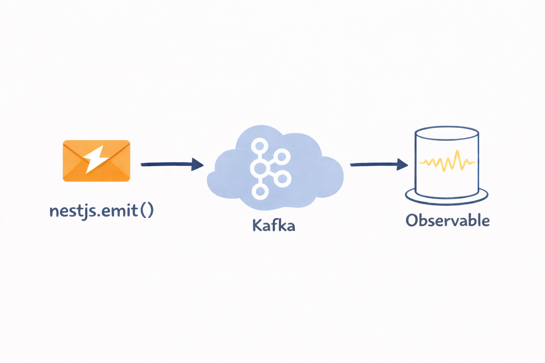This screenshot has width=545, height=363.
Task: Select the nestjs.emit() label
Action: [101, 211]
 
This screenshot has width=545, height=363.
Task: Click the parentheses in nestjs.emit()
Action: [147, 211]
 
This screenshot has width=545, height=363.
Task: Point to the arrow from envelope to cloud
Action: [167, 164]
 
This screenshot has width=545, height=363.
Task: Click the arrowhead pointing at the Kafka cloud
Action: [197, 164]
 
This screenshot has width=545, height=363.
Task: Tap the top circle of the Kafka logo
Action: [260, 145]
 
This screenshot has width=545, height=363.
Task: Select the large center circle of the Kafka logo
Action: [260, 168]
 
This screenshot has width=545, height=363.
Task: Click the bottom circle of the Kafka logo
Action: [260, 191]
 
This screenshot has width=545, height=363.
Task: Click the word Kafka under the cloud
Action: [274, 225]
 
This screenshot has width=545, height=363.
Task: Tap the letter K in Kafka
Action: [257, 225]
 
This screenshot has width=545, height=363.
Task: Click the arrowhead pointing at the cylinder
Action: [402, 164]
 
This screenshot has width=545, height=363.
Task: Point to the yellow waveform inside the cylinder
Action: [447, 162]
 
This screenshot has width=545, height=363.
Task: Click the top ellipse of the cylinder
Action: [447, 134]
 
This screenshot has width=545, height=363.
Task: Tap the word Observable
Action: [448, 220]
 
